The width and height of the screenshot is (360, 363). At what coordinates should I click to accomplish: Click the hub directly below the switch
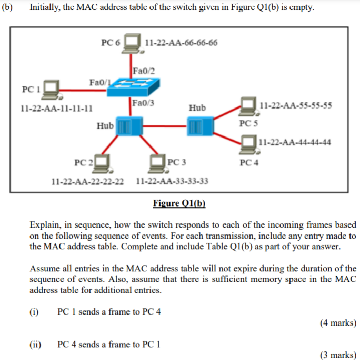[129, 126]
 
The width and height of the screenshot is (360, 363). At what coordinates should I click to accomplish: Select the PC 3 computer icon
[157, 162]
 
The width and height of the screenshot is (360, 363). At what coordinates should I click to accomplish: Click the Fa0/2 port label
[144, 71]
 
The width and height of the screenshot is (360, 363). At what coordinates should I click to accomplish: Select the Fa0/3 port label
[143, 102]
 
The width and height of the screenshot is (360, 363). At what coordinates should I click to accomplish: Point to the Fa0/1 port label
[100, 83]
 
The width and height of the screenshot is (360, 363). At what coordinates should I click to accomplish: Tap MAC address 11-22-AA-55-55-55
[296, 105]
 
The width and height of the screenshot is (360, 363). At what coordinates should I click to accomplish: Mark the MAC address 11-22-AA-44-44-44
[295, 142]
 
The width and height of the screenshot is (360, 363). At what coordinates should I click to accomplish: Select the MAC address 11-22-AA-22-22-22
[88, 182]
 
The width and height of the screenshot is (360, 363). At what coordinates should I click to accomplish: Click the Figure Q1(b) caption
[179, 203]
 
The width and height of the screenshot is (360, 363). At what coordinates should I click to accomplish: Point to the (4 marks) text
[337, 322]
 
